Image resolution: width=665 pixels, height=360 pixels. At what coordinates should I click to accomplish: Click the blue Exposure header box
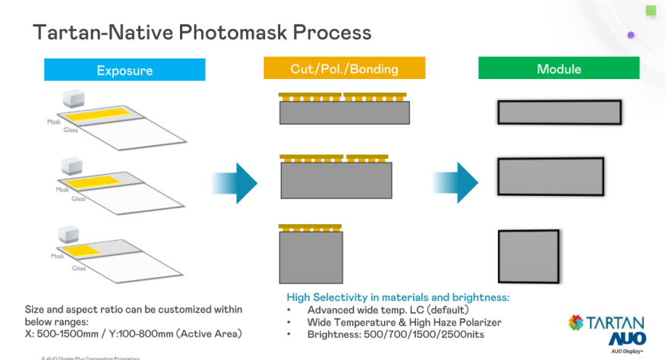pos(124,70)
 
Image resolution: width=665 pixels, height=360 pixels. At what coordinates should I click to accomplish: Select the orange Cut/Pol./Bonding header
pos(344,69)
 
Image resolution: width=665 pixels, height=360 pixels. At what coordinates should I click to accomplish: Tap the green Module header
pos(559,69)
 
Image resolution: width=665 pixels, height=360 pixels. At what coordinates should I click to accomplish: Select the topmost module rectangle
pos(559,112)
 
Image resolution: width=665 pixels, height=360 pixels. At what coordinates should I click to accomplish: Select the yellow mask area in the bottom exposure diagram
pos(80,251)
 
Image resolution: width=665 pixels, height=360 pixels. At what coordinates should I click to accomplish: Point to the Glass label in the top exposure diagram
pos(71,131)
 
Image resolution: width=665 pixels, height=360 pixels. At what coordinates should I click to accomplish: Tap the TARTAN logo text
pos(616,322)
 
